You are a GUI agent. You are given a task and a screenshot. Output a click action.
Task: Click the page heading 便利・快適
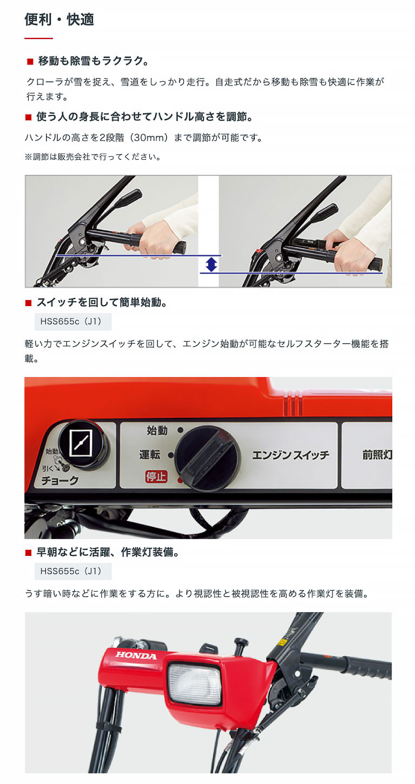click(60, 20)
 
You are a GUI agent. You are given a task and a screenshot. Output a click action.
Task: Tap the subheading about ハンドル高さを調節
click(144, 117)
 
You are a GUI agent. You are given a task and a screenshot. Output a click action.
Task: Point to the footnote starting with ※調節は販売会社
click(93, 157)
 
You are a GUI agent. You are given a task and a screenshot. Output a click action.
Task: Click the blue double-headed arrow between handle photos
click(211, 264)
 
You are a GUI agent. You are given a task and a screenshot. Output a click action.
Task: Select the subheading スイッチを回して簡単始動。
click(101, 302)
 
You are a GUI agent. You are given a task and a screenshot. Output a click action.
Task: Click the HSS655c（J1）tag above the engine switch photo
click(73, 321)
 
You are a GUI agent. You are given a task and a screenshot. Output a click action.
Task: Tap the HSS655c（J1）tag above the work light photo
click(73, 571)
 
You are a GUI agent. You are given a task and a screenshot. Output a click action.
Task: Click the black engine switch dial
click(207, 458)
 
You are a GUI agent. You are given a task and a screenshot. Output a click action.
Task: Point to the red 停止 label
click(156, 477)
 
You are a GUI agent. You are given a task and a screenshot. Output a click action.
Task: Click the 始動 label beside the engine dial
click(157, 431)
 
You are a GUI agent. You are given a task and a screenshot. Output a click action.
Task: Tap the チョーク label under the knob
click(60, 480)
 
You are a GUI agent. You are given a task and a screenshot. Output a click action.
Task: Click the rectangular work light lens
click(195, 684)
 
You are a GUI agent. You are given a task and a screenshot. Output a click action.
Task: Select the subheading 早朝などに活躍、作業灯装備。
click(107, 552)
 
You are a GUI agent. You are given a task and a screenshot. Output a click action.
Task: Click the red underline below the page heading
click(39, 38)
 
